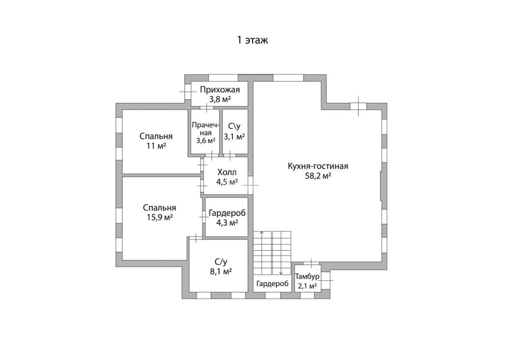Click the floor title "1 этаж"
(252, 40)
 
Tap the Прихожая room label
(219, 89)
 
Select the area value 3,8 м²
(219, 99)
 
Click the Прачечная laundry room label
(206, 129)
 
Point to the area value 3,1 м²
(234, 136)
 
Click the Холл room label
(227, 172)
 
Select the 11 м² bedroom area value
(156, 146)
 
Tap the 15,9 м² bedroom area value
(159, 217)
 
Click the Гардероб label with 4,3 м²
(227, 213)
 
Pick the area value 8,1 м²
(221, 271)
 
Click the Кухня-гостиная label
(318, 166)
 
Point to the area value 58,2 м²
(318, 176)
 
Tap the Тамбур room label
(307, 276)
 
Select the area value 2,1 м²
(307, 286)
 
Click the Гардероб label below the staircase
(272, 284)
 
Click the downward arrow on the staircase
(281, 253)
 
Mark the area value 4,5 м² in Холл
(227, 182)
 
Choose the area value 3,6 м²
(206, 141)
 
